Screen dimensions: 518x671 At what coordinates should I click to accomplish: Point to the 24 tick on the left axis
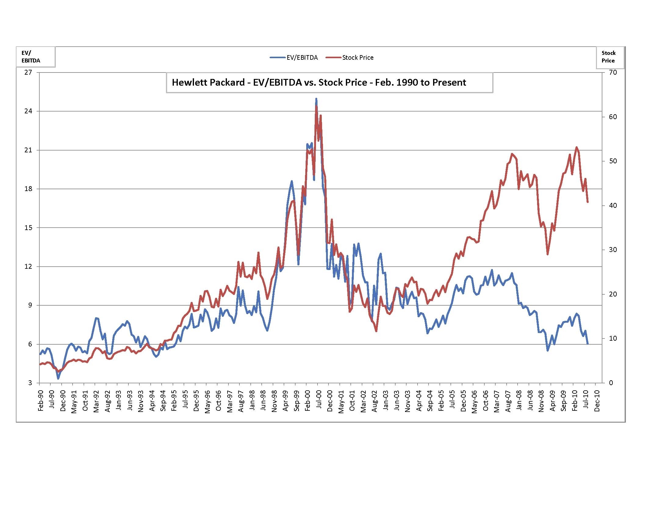click(x=28, y=111)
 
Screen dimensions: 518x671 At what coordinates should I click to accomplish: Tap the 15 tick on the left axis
click(x=28, y=228)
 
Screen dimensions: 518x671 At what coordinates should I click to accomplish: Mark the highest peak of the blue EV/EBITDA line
click(x=316, y=99)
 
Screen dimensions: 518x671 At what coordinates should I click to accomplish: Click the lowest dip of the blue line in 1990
click(x=58, y=378)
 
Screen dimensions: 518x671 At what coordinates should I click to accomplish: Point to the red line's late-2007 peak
click(x=512, y=154)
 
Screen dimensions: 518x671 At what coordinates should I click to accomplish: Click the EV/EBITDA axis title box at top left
click(x=36, y=57)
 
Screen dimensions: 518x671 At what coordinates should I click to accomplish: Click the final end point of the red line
click(x=587, y=202)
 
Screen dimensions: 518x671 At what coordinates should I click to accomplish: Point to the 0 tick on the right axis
click(x=611, y=383)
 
